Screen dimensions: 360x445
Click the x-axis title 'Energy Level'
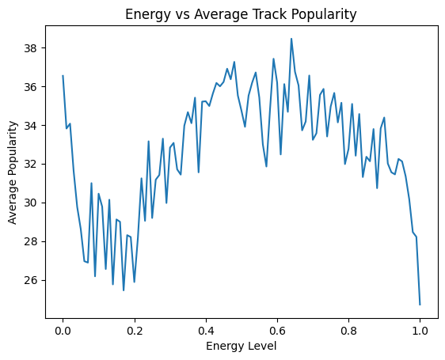click(242, 347)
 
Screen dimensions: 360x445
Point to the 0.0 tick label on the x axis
click(63, 331)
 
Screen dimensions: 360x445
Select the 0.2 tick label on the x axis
click(134, 331)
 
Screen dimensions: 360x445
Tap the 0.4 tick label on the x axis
click(206, 331)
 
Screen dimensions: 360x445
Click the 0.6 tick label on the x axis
click(277, 331)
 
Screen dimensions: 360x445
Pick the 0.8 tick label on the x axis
click(348, 331)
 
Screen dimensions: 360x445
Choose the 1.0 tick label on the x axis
click(420, 331)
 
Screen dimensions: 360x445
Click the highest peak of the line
click(291, 39)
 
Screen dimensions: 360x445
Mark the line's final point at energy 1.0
click(420, 304)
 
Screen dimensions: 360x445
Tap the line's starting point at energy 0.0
click(63, 76)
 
